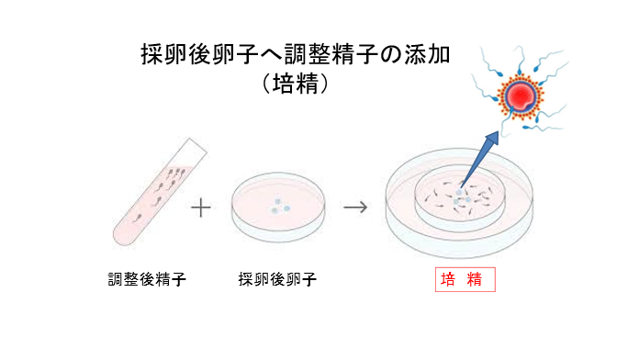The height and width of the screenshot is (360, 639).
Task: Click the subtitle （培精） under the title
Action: [296, 84]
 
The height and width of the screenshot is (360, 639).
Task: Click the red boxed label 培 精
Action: [465, 279]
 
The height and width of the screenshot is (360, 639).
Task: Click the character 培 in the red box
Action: [449, 279]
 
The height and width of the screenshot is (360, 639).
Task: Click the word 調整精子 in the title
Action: [341, 53]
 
